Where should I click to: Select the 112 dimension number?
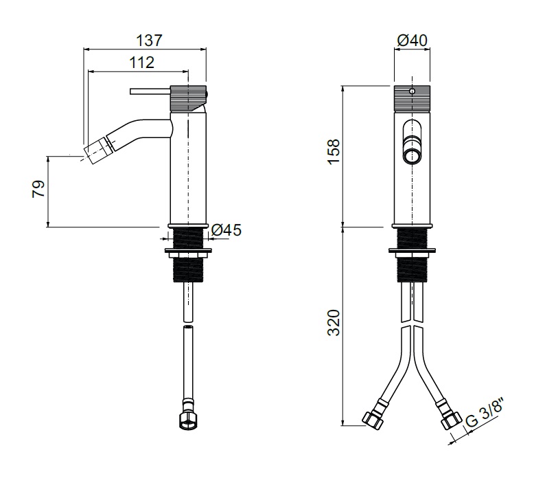(x=140, y=63)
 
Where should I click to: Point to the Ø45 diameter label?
(x=227, y=231)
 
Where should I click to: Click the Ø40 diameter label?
(x=412, y=41)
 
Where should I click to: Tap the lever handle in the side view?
(x=148, y=91)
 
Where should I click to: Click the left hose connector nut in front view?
(x=372, y=418)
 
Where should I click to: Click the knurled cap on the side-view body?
(x=188, y=96)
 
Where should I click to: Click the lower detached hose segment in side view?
(x=187, y=364)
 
